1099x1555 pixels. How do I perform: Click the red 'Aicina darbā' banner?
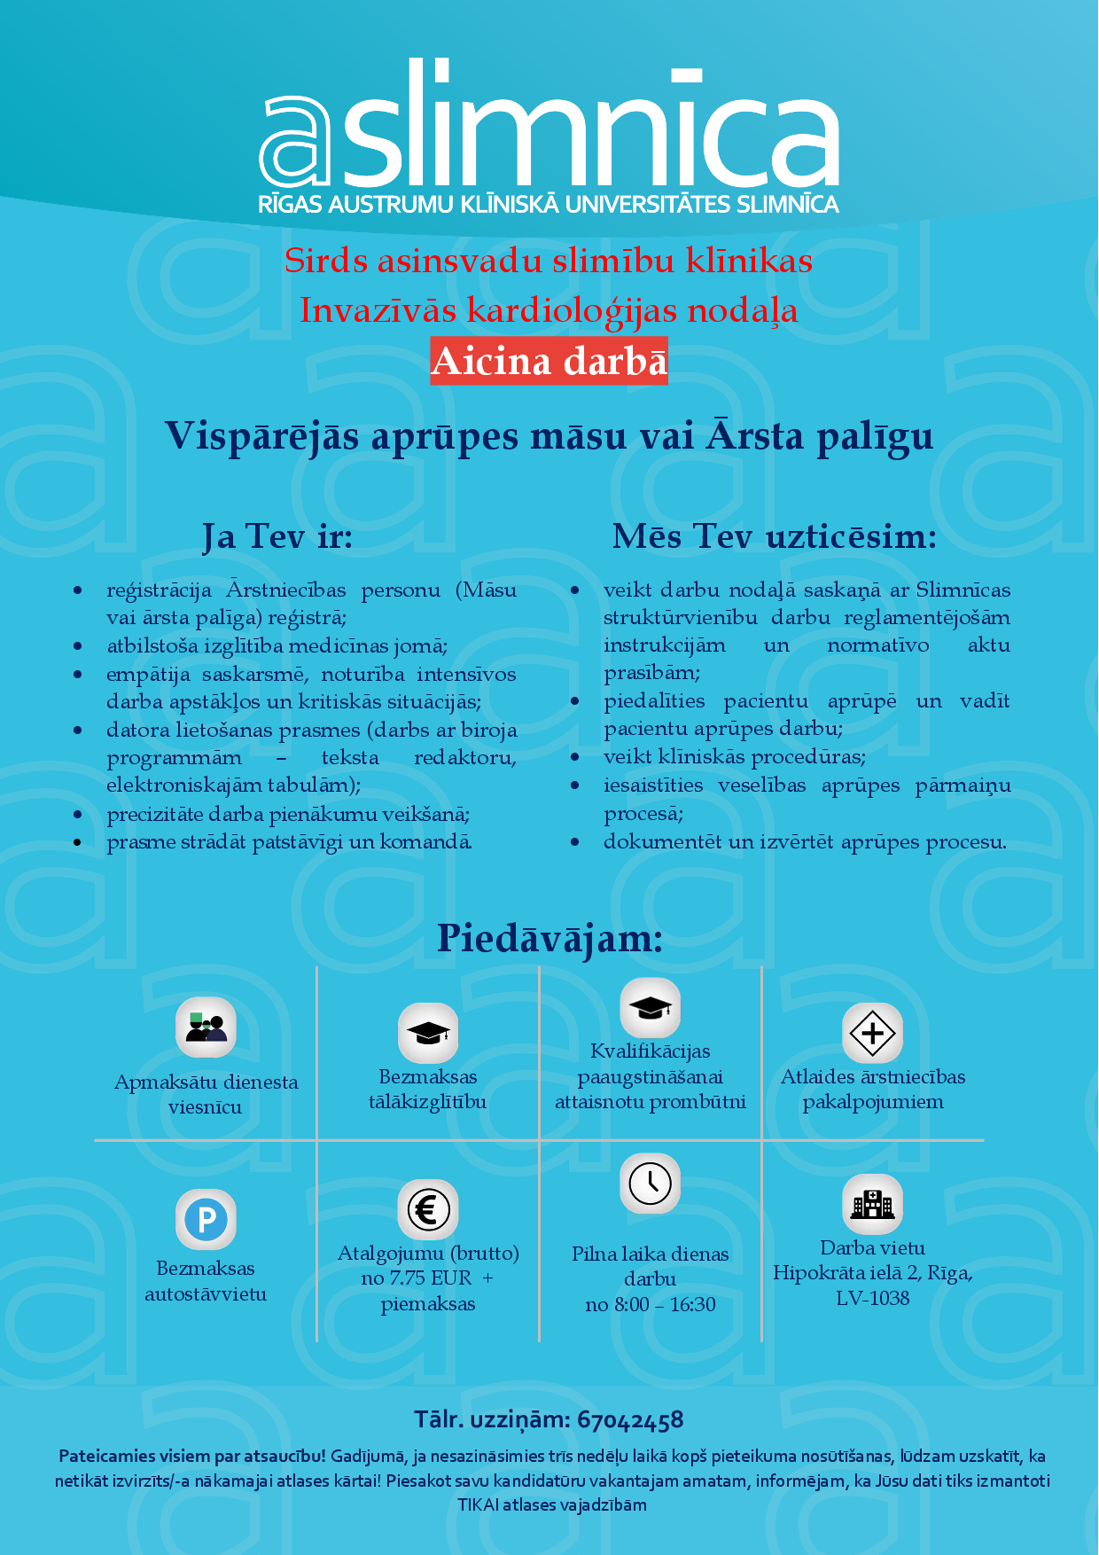tap(549, 361)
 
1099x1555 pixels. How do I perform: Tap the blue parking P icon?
tap(206, 1219)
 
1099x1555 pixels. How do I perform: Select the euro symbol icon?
tap(428, 1209)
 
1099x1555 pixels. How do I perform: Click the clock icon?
tap(651, 1183)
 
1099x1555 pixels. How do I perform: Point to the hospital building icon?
tap(872, 1204)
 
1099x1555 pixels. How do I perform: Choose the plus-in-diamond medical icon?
tap(872, 1033)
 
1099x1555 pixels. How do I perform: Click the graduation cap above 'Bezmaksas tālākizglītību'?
tap(428, 1033)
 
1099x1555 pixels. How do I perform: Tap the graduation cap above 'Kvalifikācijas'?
tap(651, 1008)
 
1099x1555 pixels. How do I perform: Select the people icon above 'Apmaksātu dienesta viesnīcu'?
tap(206, 1028)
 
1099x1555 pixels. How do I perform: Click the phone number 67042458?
tap(630, 1420)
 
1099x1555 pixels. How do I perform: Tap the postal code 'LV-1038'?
tap(872, 1299)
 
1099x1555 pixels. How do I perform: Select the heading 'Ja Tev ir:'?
tap(277, 537)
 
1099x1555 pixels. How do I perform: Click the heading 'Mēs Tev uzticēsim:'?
tap(774, 537)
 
